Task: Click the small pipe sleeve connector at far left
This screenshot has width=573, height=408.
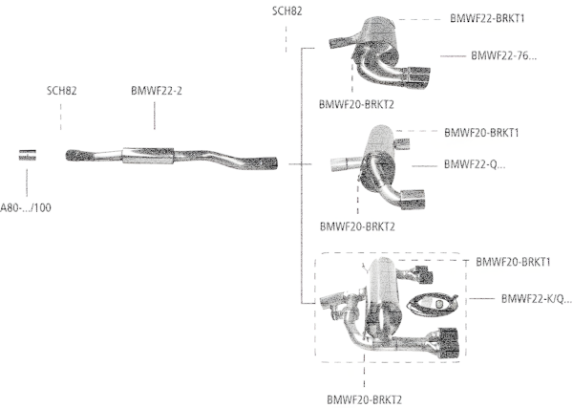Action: (30, 156)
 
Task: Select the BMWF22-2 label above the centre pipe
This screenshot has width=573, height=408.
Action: (157, 92)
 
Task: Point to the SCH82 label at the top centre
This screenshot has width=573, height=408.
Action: (287, 11)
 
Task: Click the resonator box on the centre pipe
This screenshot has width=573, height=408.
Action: (148, 155)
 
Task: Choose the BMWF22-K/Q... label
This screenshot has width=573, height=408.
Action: (536, 299)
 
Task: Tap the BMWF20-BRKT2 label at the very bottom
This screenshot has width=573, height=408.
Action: (364, 399)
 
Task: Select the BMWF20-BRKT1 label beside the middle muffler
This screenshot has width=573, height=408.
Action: (488, 132)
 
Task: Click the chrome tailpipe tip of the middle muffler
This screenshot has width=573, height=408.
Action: (414, 198)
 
